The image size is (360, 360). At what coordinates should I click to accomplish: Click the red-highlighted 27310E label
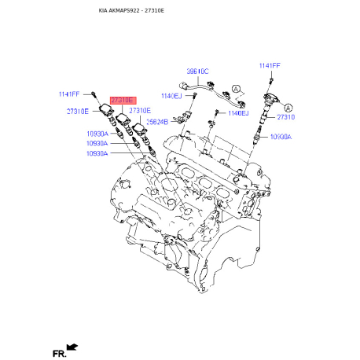122,101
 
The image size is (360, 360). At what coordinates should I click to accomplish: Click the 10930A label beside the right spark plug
281,137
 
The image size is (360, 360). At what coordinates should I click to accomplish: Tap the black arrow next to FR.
73,346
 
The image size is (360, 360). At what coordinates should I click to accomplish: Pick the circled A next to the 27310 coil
288,107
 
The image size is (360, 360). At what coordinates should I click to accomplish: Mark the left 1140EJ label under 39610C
171,95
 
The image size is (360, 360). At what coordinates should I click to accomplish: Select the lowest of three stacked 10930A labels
101,153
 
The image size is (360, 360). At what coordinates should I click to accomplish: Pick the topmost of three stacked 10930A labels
101,134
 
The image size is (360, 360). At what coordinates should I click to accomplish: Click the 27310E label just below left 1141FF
78,112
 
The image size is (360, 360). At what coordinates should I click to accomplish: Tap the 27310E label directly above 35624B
140,112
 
